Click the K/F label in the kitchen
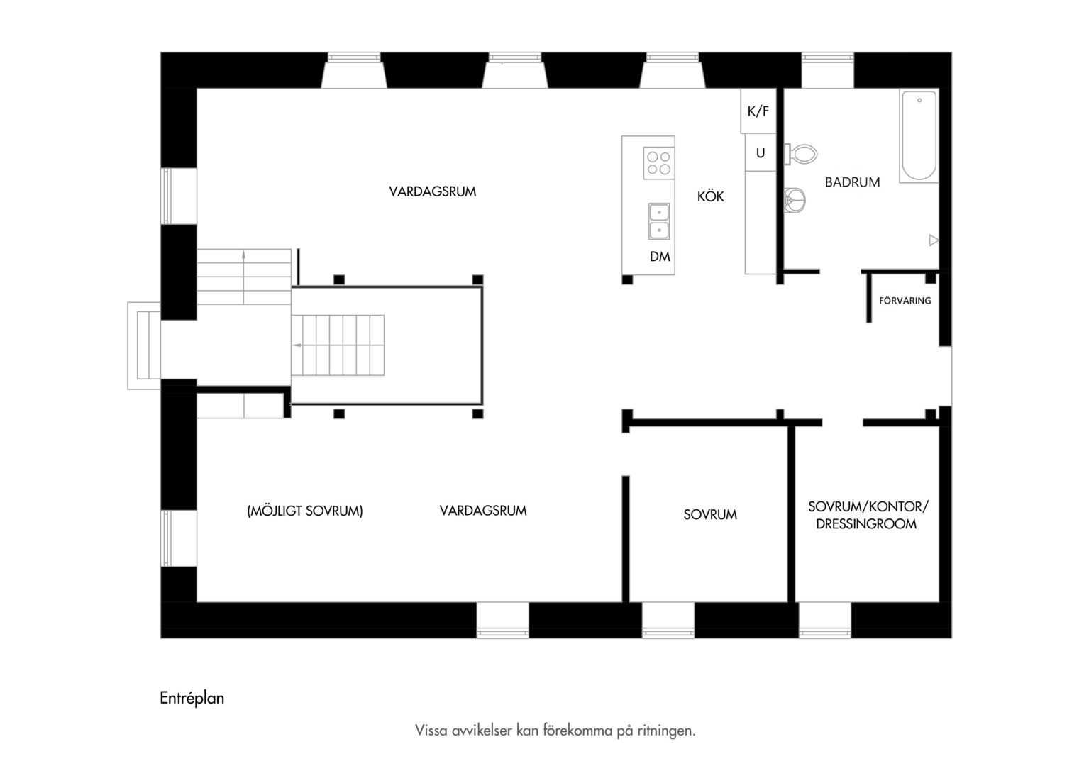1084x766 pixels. point(758,112)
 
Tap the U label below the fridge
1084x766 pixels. point(761,153)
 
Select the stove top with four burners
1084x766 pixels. point(658,163)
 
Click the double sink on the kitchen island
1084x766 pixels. point(658,221)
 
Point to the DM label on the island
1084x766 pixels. point(660,257)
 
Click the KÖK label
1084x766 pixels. point(710,196)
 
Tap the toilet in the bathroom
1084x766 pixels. point(801,155)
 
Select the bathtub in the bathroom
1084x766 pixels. point(919,135)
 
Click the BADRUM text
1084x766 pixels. point(852,182)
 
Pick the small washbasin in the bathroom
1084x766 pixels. point(795,199)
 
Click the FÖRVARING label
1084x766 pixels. point(905,301)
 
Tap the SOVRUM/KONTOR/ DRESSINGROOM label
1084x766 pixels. point(868,515)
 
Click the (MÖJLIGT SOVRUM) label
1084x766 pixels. point(305,511)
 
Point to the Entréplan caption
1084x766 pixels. point(192,698)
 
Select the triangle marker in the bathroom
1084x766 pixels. point(934,240)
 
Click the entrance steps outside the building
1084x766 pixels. point(144,345)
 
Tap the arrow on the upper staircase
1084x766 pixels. point(244,277)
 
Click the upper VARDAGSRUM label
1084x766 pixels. point(433,191)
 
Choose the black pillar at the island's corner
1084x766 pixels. point(627,279)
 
